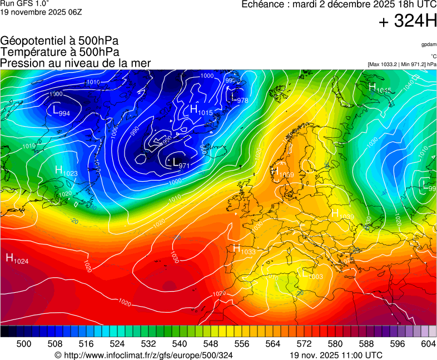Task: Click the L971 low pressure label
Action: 181,163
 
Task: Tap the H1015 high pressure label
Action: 201,110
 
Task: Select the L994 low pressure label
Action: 61,111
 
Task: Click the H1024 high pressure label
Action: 17,258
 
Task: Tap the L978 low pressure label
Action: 239,98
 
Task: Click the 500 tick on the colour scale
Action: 24,344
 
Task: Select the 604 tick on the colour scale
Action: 428,344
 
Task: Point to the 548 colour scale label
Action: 211,344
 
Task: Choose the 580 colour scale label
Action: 335,344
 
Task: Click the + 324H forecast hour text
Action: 408,22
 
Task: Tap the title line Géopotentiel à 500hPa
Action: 59,41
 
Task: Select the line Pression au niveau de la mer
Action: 76,63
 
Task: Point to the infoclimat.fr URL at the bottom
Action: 143,355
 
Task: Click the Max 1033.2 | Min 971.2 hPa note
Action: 402,64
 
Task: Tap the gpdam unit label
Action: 429,44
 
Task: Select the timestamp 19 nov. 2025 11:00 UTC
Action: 336,355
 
